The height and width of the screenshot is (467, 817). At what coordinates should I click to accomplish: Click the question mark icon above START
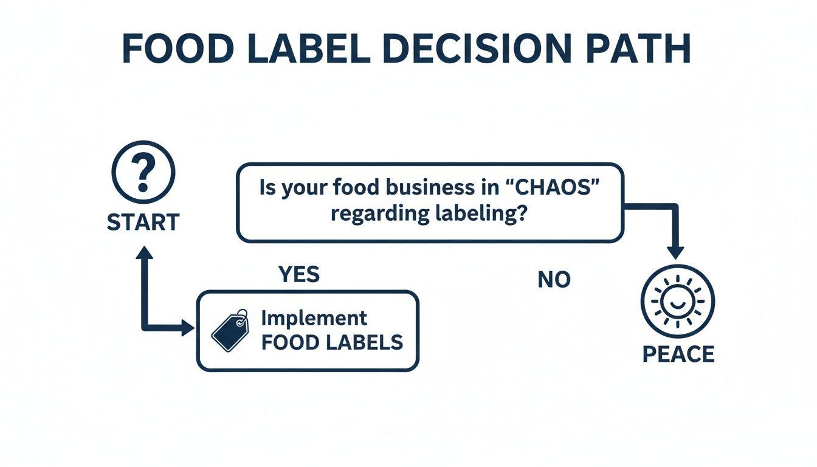coord(143,170)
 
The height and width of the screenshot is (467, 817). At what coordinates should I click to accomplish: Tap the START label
coord(143,223)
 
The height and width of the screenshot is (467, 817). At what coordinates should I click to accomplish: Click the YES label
coord(299,275)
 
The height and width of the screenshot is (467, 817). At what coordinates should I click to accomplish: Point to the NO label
coord(554,280)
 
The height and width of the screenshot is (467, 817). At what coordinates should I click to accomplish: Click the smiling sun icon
coord(678,302)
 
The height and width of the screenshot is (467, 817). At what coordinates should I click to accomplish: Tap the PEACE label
coord(678,354)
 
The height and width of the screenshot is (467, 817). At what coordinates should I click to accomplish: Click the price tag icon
coord(230,331)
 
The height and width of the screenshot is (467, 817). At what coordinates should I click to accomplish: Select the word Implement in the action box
coord(314,318)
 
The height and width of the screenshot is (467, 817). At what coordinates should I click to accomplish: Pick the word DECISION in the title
coord(484,49)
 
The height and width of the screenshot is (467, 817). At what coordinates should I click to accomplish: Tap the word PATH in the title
coord(640,49)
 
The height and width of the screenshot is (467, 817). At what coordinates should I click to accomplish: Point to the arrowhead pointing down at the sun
coord(676,252)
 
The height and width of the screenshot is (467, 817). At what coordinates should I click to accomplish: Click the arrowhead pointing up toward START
coord(144,252)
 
